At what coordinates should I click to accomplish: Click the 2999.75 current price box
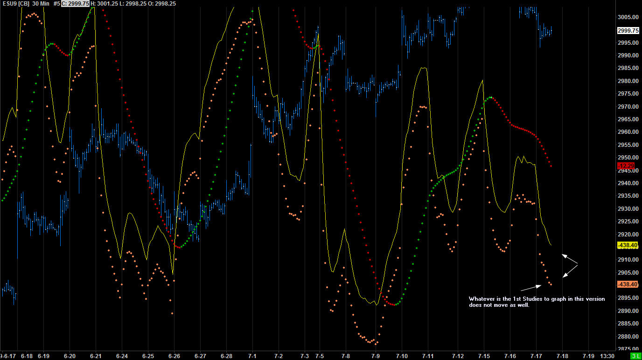point(628,30)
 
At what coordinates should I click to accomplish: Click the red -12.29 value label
point(626,166)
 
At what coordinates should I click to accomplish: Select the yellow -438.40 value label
point(627,245)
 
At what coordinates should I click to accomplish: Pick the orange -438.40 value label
point(627,284)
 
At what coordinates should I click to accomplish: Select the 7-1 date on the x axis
point(252,356)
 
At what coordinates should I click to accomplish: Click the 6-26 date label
point(174,356)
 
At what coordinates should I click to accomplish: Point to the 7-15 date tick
point(484,356)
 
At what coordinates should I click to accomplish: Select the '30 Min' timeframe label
point(42,3)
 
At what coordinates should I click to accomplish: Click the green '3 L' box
point(635,356)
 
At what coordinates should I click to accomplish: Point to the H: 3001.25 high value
point(102,3)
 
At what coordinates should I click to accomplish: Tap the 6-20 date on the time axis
point(70,356)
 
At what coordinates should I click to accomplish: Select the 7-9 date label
point(376,356)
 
